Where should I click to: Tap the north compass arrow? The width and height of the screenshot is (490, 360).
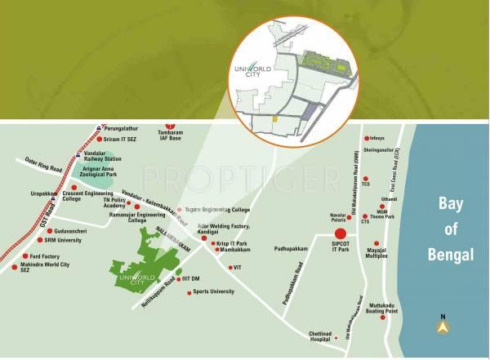coord(443,327)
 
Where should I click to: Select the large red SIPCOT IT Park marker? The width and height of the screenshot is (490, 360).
coord(341,233)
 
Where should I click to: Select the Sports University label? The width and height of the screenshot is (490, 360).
coord(214,291)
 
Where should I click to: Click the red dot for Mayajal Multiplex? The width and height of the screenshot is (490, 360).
coord(376,243)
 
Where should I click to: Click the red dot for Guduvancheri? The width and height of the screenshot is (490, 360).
coord(47,230)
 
